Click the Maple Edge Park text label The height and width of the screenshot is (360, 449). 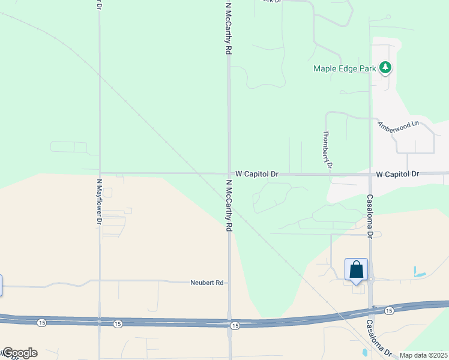pos(345,68)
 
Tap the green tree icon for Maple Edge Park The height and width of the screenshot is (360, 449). pos(385,68)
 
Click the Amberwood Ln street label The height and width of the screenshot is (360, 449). pos(397,127)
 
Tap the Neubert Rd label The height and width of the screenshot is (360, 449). pos(206,282)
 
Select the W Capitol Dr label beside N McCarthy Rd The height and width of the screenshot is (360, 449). pos(257,173)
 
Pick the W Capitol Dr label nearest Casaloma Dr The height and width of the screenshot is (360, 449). pos(397,173)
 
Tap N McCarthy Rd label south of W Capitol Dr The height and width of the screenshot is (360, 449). pos(229,206)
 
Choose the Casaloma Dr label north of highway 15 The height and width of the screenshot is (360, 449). pos(370,216)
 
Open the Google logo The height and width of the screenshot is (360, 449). pos(19,353)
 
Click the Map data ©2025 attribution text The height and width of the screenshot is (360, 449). pos(423,355)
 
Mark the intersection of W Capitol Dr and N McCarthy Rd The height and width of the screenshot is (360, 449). pos(229,173)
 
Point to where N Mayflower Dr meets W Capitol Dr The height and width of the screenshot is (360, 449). pos(100,173)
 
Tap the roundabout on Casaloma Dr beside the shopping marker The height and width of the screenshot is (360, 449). pos(371,279)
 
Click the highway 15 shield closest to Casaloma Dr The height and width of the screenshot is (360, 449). pos(389,310)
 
